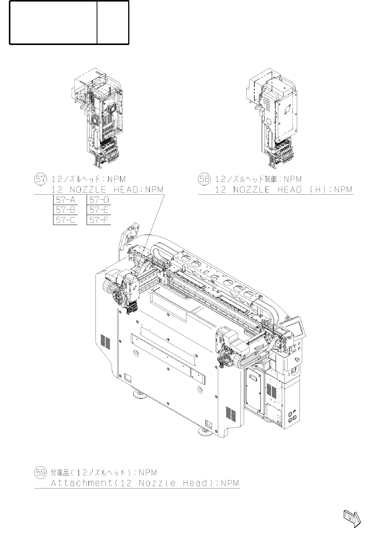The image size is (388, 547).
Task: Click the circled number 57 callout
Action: pyautogui.click(x=40, y=179)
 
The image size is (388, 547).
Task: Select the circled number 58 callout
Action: pyautogui.click(x=204, y=179)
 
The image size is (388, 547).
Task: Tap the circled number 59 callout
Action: pyautogui.click(x=40, y=472)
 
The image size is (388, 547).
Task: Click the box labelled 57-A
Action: pyautogui.click(x=65, y=200)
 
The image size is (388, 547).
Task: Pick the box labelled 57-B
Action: pyautogui.click(x=65, y=210)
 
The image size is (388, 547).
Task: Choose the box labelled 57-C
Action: pyautogui.click(x=65, y=220)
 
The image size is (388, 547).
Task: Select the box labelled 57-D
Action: pyautogui.click(x=99, y=200)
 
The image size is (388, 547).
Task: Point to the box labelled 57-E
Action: pyautogui.click(x=99, y=210)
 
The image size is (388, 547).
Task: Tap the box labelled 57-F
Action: pyautogui.click(x=99, y=220)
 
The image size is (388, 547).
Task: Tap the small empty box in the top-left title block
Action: pyautogui.click(x=113, y=22)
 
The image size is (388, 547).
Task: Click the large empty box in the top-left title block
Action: pyautogui.click(x=53, y=22)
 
